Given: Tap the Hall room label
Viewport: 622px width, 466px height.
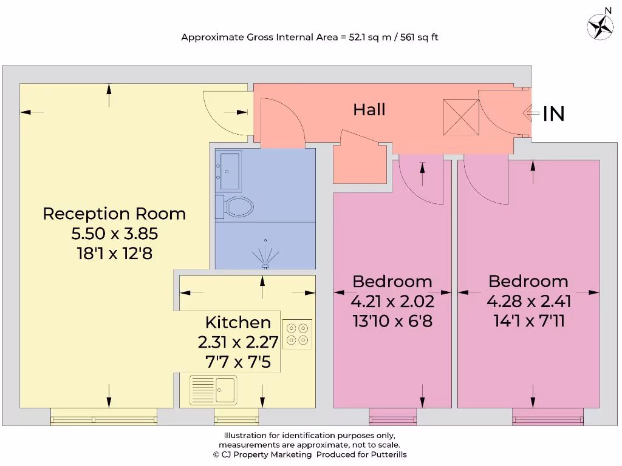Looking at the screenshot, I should click(x=369, y=110).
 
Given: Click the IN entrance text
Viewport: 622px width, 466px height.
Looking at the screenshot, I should click(x=553, y=113).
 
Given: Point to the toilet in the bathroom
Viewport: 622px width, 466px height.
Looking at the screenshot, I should click(x=238, y=206).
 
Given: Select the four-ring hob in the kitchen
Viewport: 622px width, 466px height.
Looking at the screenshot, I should click(x=298, y=333).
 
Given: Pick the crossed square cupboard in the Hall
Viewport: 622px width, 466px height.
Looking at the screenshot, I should click(x=462, y=118).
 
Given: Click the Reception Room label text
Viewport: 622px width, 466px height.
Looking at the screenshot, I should click(x=114, y=214).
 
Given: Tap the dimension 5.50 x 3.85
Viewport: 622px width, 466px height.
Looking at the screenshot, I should click(x=114, y=233).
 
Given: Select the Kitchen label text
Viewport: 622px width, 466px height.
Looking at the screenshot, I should click(x=238, y=322).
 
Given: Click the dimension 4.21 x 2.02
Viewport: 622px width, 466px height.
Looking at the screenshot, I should click(x=392, y=301).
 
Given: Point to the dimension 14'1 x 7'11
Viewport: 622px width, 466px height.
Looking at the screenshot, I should click(x=528, y=320).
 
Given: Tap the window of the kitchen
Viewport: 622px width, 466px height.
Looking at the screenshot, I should click(x=231, y=417).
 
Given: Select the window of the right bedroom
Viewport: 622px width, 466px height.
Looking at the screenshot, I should click(x=547, y=417).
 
